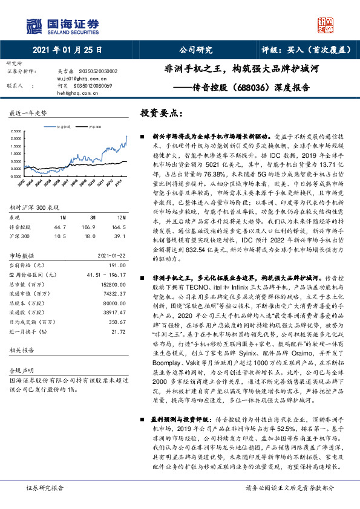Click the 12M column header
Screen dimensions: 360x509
(121, 216)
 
